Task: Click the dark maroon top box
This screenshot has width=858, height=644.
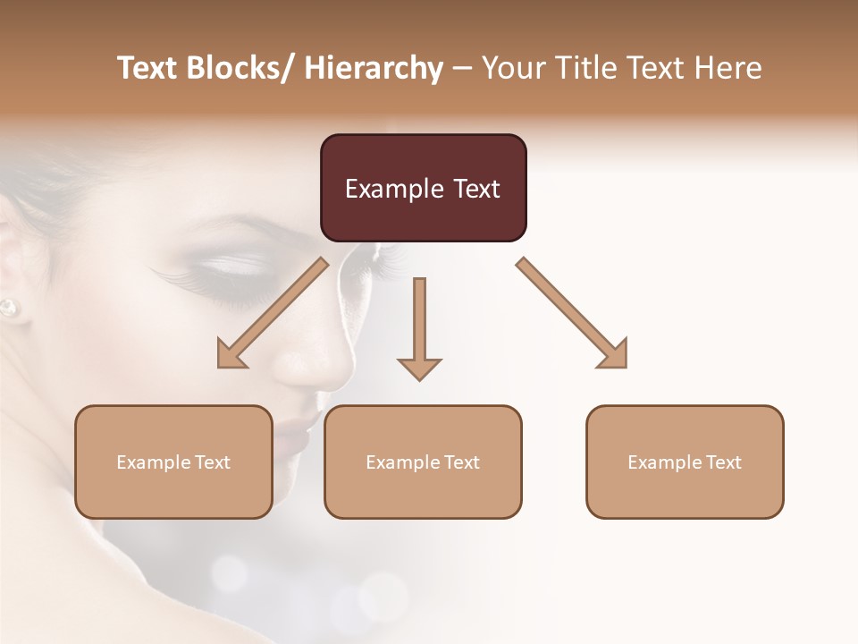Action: click(x=423, y=188)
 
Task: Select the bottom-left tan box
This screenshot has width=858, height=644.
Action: click(x=173, y=462)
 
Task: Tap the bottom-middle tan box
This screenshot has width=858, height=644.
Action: click(x=423, y=462)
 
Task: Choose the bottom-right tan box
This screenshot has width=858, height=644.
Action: click(x=685, y=462)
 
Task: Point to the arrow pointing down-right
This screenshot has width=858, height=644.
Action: click(x=573, y=313)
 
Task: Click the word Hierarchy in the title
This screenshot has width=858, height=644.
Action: click(x=374, y=68)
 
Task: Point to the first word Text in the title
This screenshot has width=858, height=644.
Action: click(x=147, y=68)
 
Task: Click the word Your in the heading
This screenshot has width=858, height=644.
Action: click(x=514, y=68)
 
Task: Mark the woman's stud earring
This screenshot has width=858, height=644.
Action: click(x=8, y=308)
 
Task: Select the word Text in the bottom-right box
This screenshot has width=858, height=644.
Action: click(x=720, y=462)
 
